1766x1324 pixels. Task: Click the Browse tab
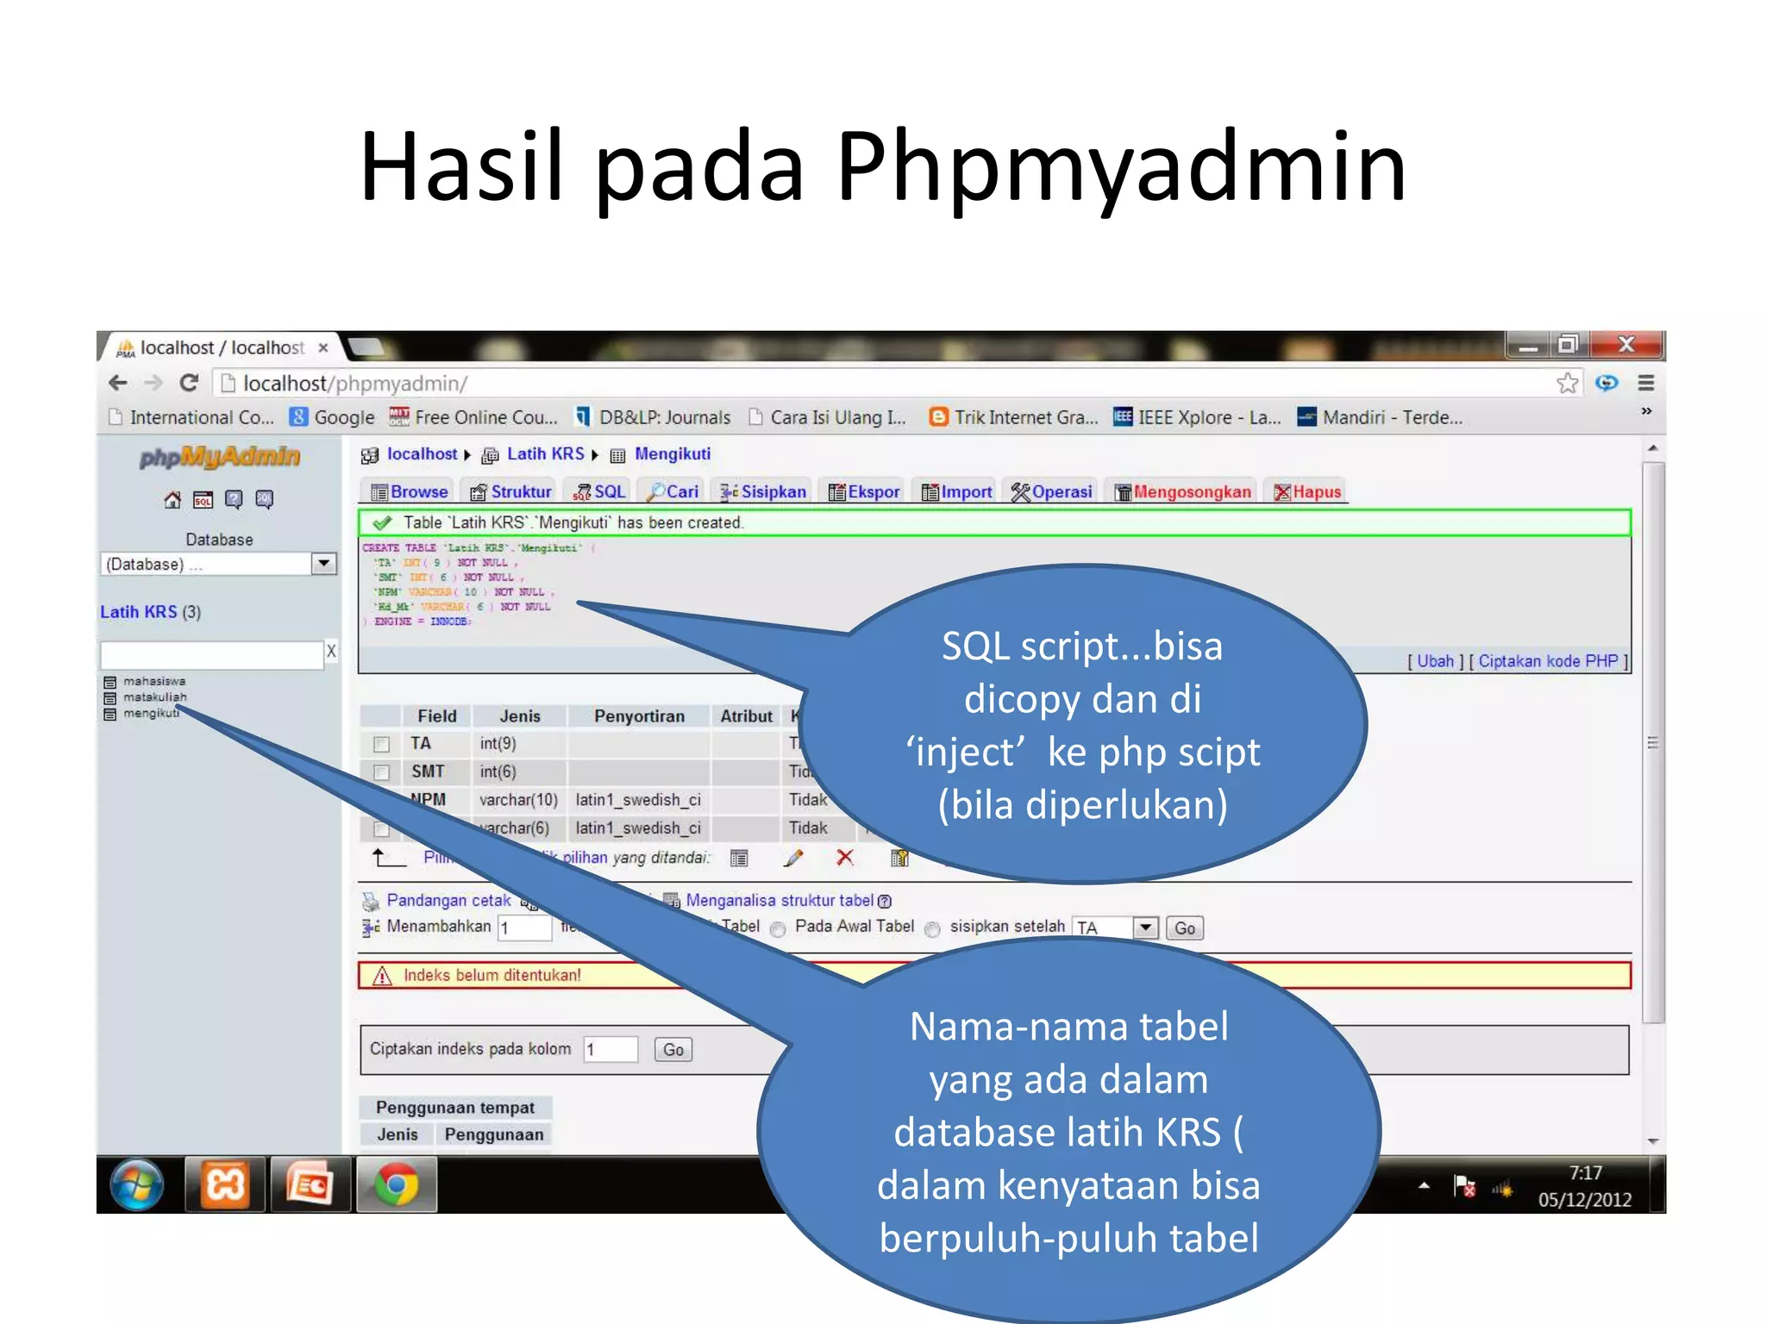click(410, 491)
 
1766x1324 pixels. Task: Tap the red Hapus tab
click(1308, 491)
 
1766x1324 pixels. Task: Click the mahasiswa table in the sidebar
click(153, 681)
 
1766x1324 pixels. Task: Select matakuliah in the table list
click(154, 696)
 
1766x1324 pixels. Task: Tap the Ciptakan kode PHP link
click(1548, 660)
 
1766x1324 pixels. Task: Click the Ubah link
click(1435, 660)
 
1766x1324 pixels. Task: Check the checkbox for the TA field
click(381, 743)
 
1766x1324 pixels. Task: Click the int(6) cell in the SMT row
click(498, 771)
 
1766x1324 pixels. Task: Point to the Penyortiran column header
click(639, 715)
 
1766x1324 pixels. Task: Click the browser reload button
click(189, 383)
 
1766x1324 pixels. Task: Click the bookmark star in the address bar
click(1567, 383)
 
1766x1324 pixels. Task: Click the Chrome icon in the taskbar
click(396, 1185)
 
